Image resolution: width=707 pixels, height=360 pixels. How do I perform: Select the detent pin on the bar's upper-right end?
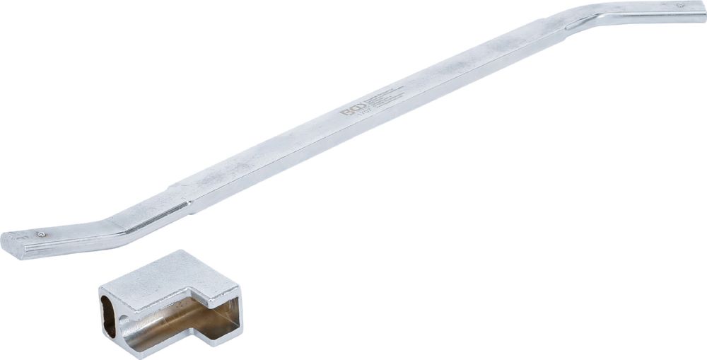point(680,6)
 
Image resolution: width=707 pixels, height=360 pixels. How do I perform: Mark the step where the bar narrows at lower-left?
point(189,207)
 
